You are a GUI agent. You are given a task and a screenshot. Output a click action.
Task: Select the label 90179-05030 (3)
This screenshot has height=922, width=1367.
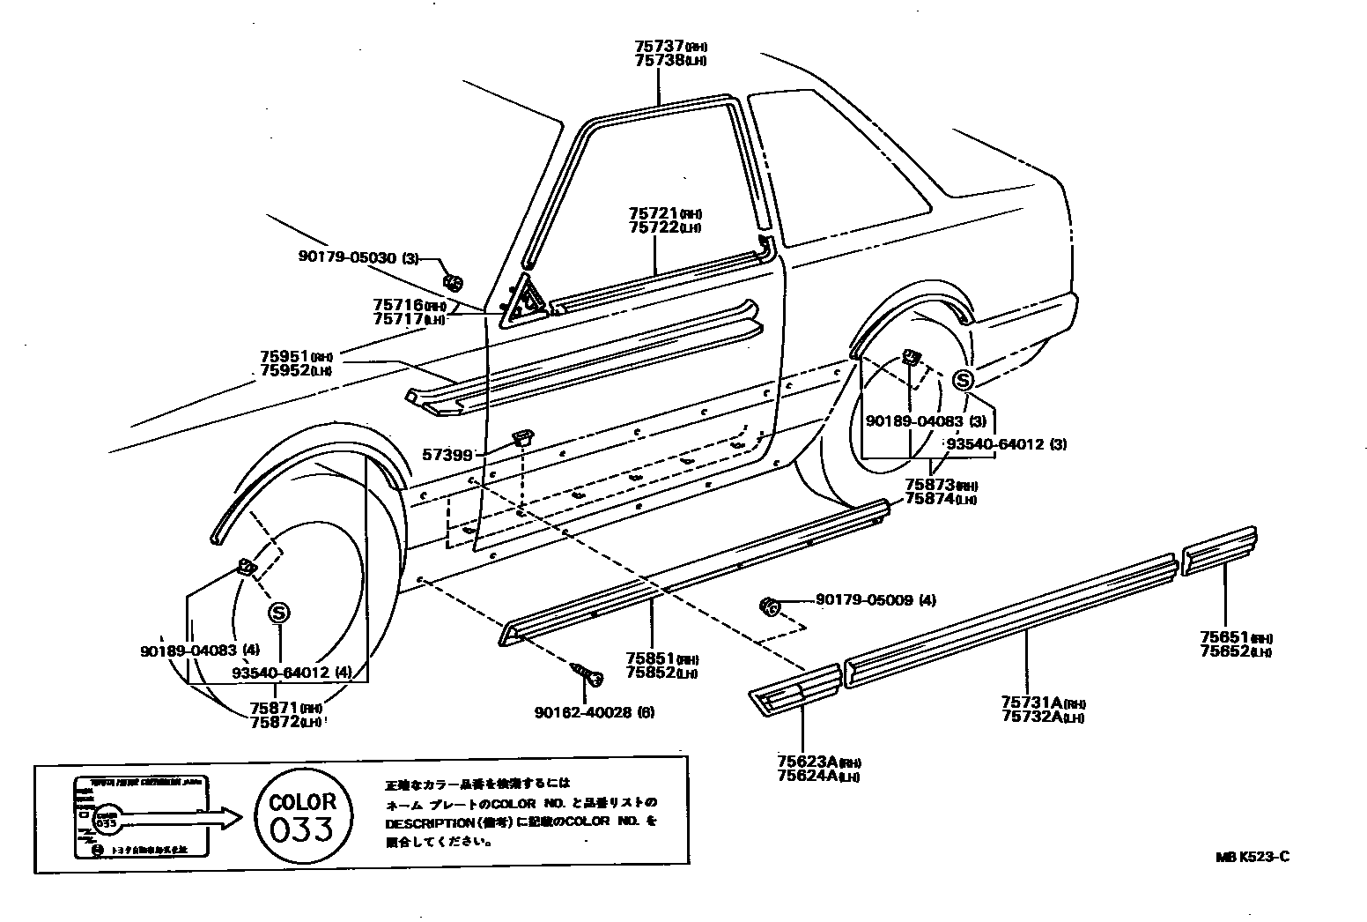358,258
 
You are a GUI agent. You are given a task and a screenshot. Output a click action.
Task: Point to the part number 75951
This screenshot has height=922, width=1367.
284,357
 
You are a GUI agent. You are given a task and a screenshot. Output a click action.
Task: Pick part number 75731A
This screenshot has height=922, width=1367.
1031,703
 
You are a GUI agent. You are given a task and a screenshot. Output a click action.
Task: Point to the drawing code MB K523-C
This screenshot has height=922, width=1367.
1252,857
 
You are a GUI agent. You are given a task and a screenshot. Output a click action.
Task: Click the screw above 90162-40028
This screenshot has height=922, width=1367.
587,675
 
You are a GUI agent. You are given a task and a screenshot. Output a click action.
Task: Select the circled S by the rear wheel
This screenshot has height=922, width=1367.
964,381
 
